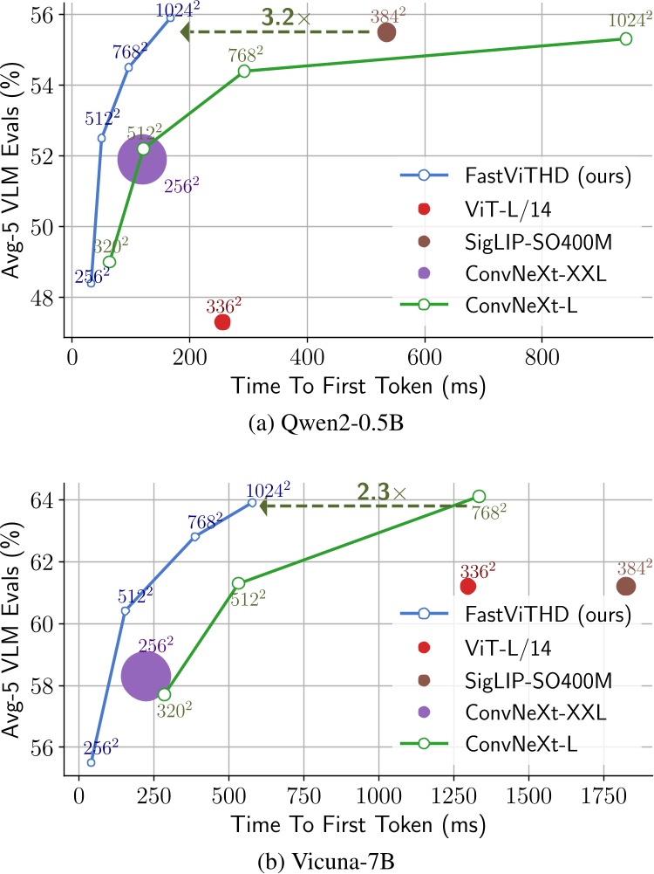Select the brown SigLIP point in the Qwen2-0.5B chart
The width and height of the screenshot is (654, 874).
click(386, 32)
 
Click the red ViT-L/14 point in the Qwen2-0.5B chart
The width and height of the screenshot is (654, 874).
click(222, 322)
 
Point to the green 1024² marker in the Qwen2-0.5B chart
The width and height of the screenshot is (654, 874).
click(625, 39)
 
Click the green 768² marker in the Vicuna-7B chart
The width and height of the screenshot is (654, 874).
click(479, 496)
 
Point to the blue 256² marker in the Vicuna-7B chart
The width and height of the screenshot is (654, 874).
click(91, 762)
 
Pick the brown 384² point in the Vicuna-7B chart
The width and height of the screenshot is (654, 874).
click(625, 586)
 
